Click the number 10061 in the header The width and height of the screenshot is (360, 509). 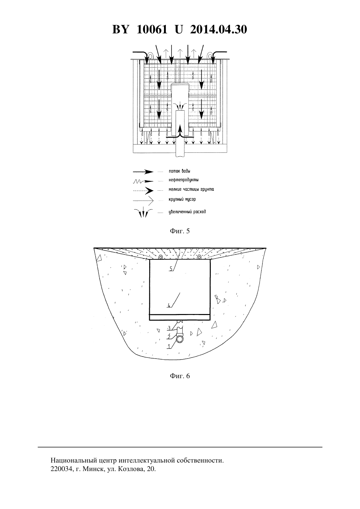[x=152, y=29]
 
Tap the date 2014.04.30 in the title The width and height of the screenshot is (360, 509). [x=218, y=29]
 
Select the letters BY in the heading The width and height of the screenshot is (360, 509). [x=121, y=29]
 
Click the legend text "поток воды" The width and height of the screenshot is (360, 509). [x=179, y=171]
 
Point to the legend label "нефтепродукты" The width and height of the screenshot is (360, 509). [x=184, y=180]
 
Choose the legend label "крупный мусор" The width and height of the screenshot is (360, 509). [x=182, y=199]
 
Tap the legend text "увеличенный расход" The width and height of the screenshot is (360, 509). [x=187, y=212]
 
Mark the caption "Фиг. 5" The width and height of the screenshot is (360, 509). [x=180, y=231]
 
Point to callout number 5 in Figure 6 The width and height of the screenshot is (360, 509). [x=171, y=269]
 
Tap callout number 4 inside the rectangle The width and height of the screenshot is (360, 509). [x=169, y=305]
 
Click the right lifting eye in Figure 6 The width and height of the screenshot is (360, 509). [x=199, y=257]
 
